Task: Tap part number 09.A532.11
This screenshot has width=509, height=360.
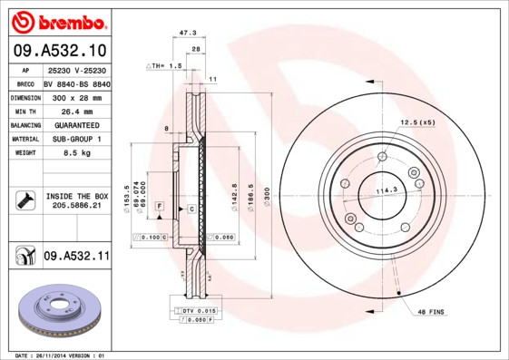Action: click(x=76, y=258)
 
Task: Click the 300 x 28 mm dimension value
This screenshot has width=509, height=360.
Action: click(x=76, y=96)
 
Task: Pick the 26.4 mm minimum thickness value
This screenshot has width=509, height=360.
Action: click(x=76, y=111)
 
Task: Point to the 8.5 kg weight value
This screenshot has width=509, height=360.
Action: click(x=76, y=154)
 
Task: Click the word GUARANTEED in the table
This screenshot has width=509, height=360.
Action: click(x=76, y=125)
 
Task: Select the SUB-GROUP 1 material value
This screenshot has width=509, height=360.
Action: click(x=76, y=140)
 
